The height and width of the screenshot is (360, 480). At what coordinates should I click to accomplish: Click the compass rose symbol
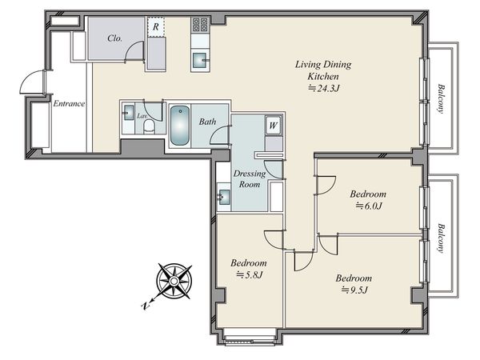pyautogui.click(x=174, y=281)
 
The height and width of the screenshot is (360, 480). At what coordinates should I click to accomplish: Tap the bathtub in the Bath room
pyautogui.click(x=180, y=126)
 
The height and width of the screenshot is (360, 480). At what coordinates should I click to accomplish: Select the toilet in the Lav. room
pyautogui.click(x=150, y=126)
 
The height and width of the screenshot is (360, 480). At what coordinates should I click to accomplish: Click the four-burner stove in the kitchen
pyautogui.click(x=200, y=25)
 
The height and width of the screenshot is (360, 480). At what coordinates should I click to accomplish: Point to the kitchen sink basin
pyautogui.click(x=200, y=60)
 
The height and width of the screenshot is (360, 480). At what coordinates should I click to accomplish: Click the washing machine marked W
pyautogui.click(x=273, y=125)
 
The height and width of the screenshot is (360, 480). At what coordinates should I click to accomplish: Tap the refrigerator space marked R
pyautogui.click(x=156, y=27)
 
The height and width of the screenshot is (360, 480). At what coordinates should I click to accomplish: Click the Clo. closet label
pyautogui.click(x=114, y=38)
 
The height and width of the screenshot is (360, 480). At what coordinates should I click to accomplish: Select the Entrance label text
pyautogui.click(x=69, y=103)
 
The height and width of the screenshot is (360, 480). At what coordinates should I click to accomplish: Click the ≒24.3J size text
pyautogui.click(x=323, y=89)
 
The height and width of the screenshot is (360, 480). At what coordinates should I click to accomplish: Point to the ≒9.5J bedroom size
pyautogui.click(x=354, y=290)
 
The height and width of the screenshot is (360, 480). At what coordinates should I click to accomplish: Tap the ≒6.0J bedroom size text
pyautogui.click(x=369, y=206)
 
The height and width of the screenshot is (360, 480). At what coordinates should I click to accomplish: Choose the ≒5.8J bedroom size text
pyautogui.click(x=249, y=274)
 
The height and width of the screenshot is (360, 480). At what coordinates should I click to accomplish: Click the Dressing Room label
pyautogui.click(x=250, y=179)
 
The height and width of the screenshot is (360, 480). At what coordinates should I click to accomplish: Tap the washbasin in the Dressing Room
pyautogui.click(x=224, y=197)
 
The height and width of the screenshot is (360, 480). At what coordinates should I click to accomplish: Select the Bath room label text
pyautogui.click(x=207, y=122)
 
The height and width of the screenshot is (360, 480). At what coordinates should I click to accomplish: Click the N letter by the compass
pyautogui.click(x=145, y=305)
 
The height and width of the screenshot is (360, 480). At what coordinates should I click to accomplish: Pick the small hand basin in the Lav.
pyautogui.click(x=129, y=112)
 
